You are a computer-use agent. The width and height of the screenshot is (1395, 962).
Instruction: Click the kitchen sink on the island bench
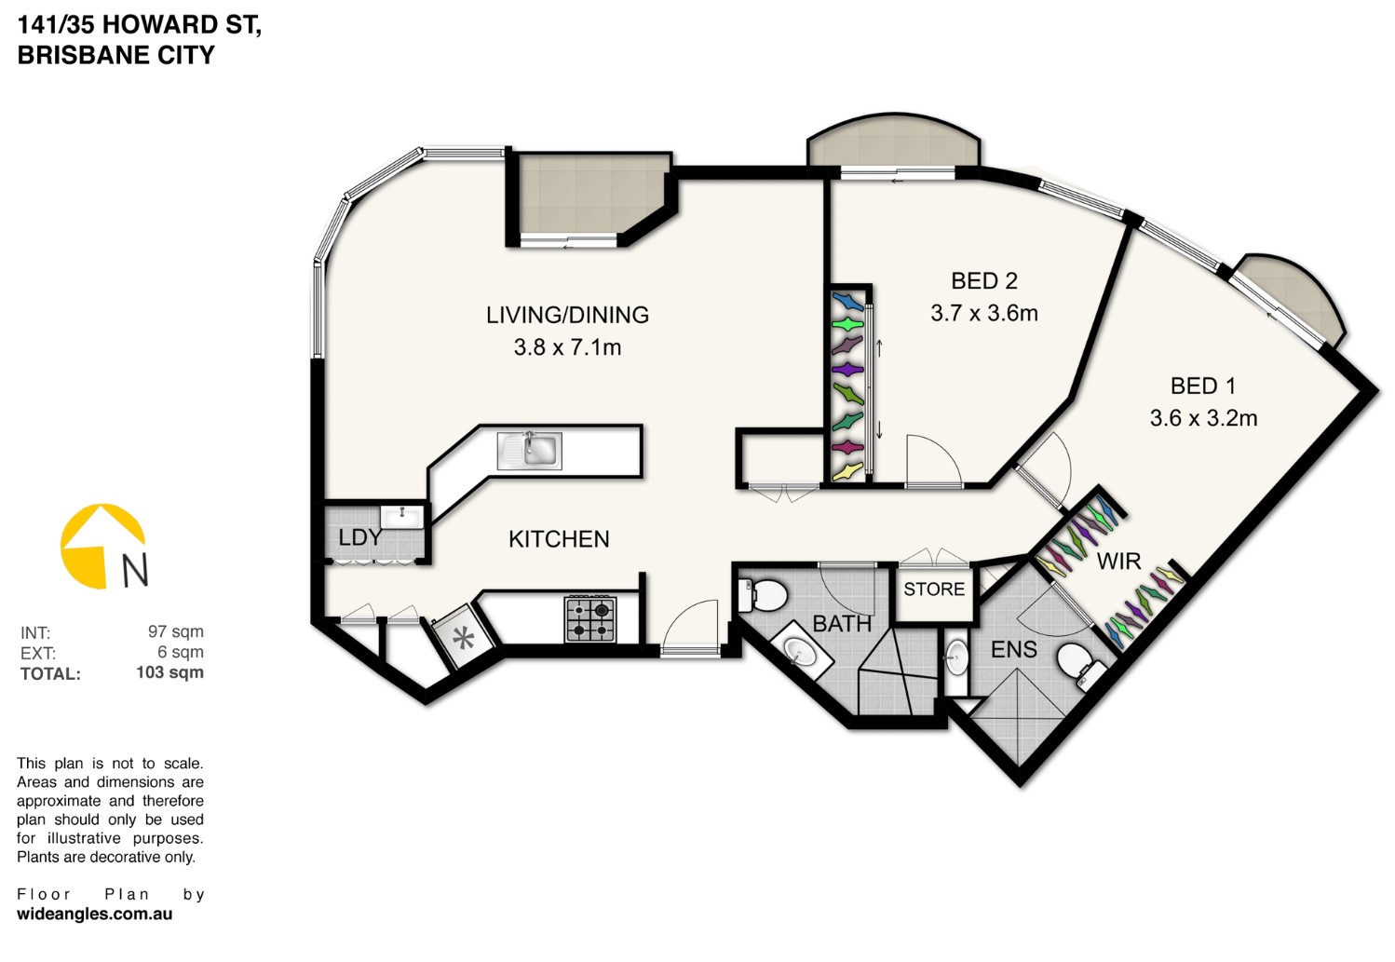(x=529, y=451)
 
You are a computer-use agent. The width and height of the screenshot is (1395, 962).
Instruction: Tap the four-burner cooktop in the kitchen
(x=589, y=619)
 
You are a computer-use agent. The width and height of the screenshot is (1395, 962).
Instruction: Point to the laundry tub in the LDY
(x=401, y=517)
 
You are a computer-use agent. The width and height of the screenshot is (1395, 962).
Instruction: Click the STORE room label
(x=934, y=589)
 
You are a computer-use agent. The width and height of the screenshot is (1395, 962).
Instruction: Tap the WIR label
(x=1118, y=562)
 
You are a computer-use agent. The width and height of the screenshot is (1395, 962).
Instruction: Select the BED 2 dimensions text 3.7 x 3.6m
(x=984, y=313)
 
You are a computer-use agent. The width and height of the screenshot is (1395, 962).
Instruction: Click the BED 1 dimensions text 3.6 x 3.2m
(x=1203, y=418)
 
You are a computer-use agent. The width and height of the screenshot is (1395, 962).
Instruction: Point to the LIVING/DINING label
(x=567, y=315)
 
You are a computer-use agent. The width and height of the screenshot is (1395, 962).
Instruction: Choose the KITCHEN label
(x=559, y=539)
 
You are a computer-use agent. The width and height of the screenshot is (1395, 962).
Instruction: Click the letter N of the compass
(x=135, y=570)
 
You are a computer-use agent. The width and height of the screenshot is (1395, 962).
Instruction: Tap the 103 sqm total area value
(x=170, y=672)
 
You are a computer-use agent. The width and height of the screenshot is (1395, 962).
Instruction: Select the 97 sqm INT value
(x=176, y=631)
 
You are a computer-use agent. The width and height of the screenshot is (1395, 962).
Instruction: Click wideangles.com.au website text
(x=95, y=915)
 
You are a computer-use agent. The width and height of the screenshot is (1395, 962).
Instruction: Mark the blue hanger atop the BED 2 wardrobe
(x=848, y=302)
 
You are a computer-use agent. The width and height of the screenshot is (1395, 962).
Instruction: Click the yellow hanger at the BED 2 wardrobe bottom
(x=848, y=471)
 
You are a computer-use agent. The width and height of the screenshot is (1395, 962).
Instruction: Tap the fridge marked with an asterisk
(x=464, y=637)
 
